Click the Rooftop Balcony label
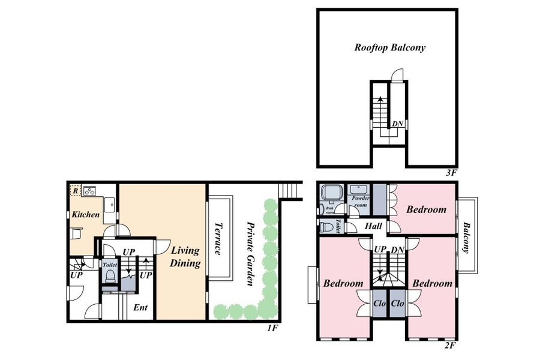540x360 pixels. [389, 47]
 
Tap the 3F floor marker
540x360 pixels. [451, 173]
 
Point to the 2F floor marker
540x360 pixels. [451, 346]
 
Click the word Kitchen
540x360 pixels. [86, 214]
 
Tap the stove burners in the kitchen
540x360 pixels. [90, 191]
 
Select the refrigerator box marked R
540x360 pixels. [76, 191]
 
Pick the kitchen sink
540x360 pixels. [109, 204]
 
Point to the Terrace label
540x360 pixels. [219, 238]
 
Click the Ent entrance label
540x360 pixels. [140, 308]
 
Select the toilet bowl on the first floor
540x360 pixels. [110, 275]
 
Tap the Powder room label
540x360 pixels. [360, 200]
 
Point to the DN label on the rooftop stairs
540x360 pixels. [397, 124]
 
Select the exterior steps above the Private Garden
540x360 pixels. [287, 191]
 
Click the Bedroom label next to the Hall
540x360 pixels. [426, 209]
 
